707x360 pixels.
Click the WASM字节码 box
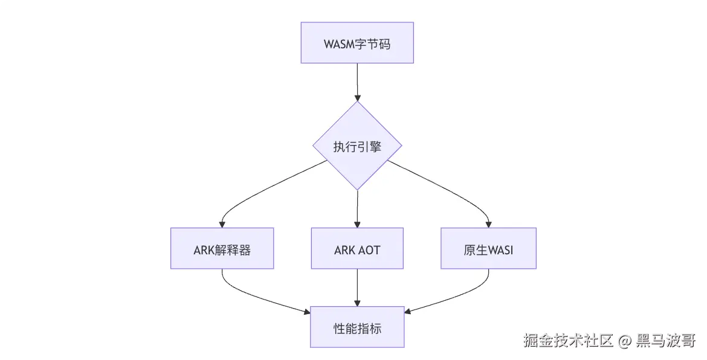(x=357, y=43)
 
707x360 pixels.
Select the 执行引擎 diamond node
(x=357, y=146)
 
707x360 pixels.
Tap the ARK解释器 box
(x=222, y=248)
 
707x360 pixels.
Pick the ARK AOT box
(x=357, y=248)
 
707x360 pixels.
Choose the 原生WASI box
(x=488, y=248)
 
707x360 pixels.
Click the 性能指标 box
(x=357, y=327)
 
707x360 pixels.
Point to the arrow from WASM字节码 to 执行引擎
(x=358, y=82)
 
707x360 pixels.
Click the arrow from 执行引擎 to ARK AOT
(x=358, y=209)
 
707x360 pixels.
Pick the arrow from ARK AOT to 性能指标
(x=358, y=288)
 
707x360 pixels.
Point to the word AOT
(x=369, y=250)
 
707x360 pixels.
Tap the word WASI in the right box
(x=501, y=250)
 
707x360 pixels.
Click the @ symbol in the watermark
(x=624, y=340)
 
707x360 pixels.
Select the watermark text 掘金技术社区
(x=568, y=340)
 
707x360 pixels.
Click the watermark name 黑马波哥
(x=666, y=340)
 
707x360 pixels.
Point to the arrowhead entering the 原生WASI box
(x=488, y=224)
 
